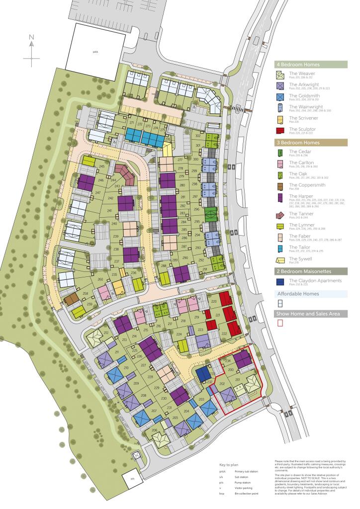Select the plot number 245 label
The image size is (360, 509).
pyautogui.click(x=102, y=167)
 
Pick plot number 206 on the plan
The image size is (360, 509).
pyautogui.click(x=155, y=430)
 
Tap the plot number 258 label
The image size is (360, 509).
pyautogui.click(x=86, y=294)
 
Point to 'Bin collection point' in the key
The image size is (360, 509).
pyautogui.click(x=247, y=494)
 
